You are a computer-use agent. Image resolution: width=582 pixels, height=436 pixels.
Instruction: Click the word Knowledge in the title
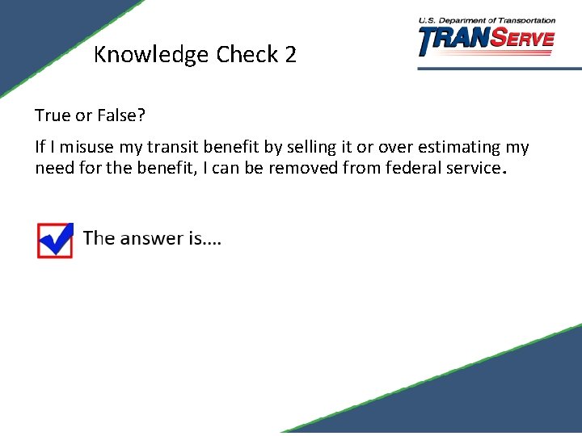[151, 55]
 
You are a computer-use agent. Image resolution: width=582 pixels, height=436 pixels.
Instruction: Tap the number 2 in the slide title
[290, 55]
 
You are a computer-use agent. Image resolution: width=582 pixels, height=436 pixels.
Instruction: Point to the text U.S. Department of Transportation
[487, 20]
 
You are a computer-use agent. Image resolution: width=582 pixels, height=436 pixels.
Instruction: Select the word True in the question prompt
[53, 115]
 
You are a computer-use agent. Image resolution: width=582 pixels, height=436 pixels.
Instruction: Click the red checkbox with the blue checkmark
[55, 240]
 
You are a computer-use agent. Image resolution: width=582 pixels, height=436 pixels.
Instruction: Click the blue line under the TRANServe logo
[499, 69]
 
